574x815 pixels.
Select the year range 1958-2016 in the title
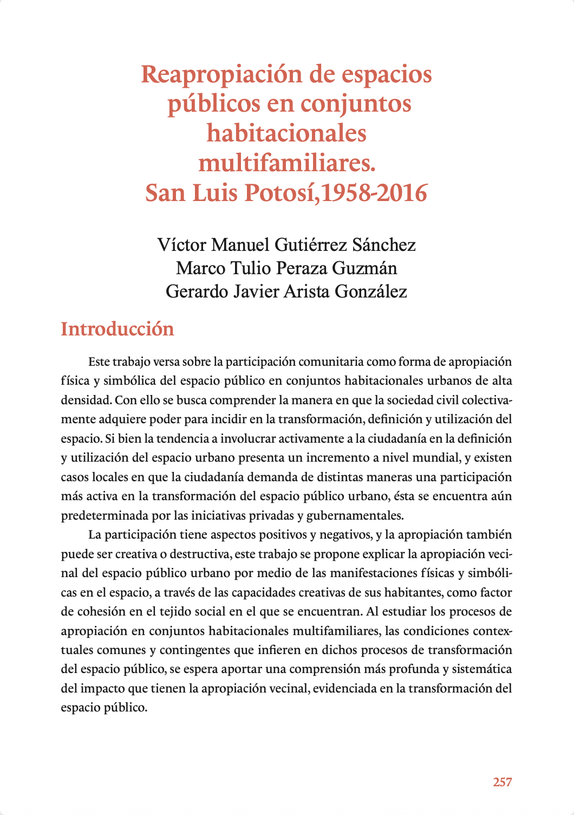(374, 193)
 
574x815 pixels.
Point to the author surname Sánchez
(383, 245)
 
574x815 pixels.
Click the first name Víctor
(182, 245)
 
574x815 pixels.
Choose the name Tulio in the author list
(252, 268)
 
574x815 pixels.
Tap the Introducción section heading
(118, 329)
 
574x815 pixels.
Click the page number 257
(502, 782)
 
